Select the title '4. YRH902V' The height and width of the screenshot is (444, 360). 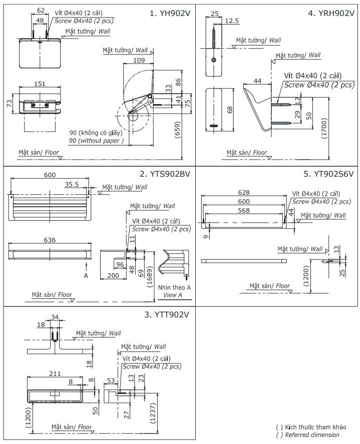coord(331,14)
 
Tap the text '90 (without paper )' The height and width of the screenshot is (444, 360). coord(96,141)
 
